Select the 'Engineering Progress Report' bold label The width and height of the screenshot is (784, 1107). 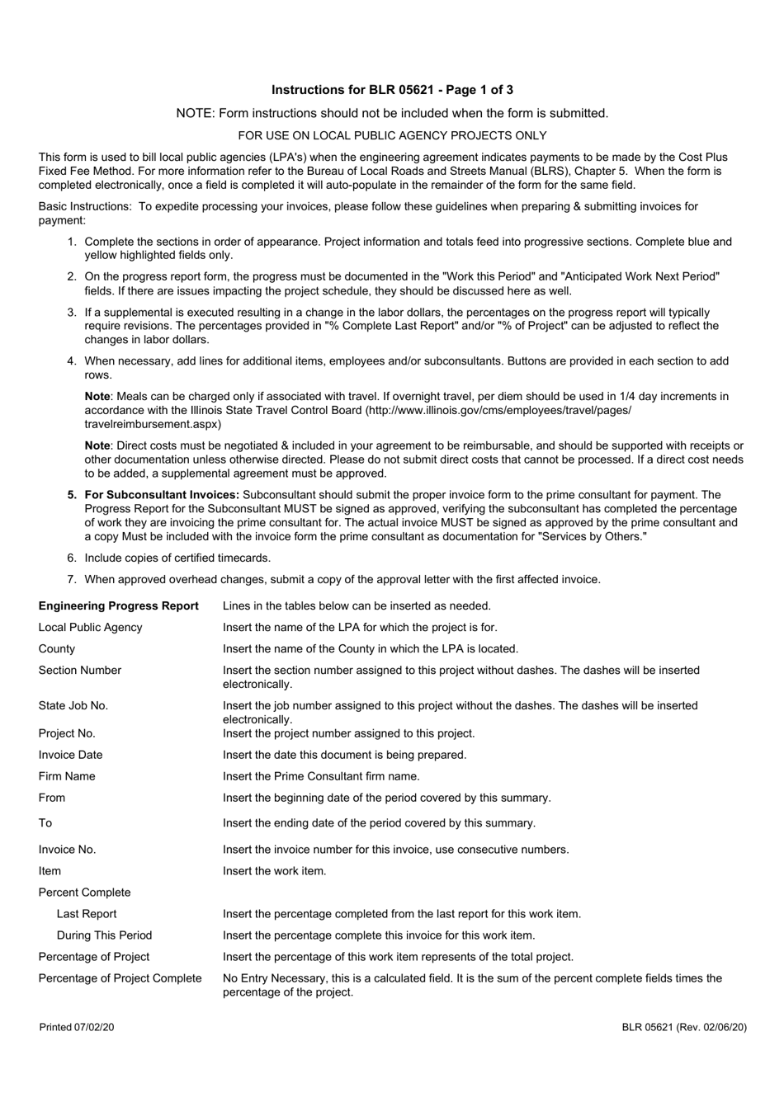tap(119, 606)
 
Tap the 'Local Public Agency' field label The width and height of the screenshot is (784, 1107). tap(90, 628)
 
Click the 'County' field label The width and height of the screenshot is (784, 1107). tap(56, 649)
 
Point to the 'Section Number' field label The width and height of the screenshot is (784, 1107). tap(79, 671)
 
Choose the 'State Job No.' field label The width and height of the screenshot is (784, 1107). tap(73, 706)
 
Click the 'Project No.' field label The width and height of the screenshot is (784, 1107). tap(67, 733)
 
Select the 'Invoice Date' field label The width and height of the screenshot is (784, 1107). tap(70, 755)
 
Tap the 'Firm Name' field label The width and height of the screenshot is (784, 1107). tap(67, 776)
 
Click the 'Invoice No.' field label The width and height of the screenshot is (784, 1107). tap(67, 850)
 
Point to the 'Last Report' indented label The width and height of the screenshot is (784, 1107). tap(87, 914)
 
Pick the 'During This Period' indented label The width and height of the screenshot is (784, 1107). tap(104, 935)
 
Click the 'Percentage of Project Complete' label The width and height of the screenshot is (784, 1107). tap(120, 978)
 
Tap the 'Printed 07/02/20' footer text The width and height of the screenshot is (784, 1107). tap(73, 1027)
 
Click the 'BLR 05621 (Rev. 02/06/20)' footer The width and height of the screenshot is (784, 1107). tap(685, 1027)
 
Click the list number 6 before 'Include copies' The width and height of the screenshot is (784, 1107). tap(71, 558)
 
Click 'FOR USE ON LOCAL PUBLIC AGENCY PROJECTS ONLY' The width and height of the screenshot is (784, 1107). tap(392, 135)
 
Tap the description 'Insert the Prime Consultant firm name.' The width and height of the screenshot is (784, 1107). tap(321, 776)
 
